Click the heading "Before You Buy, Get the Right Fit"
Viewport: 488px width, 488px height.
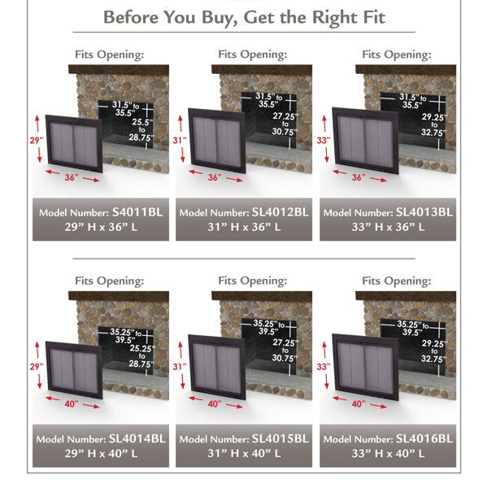click(244, 16)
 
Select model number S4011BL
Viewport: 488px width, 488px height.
click(135, 212)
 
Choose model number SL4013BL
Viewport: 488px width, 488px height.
click(422, 212)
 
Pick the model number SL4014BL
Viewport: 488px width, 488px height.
click(136, 438)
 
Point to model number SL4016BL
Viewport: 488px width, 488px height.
click(422, 438)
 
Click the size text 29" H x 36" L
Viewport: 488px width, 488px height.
click(102, 227)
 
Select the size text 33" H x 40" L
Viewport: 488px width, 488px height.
click(388, 453)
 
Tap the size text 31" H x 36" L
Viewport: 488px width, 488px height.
click(245, 227)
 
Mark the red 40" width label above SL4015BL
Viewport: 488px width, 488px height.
click(214, 403)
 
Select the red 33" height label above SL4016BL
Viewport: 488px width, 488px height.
click(321, 367)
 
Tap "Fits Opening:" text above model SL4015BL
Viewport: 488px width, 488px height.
click(252, 281)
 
